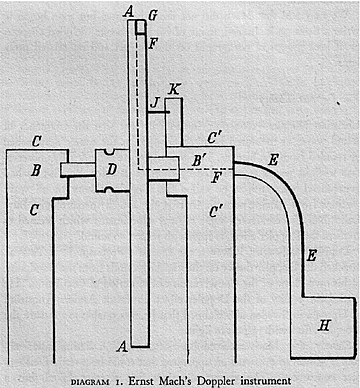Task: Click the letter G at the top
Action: pos(152,13)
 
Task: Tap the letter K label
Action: pos(175,90)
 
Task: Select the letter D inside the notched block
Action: pos(111,169)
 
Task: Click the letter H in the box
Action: pos(323,325)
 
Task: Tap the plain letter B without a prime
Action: pos(36,170)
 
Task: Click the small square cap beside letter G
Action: pos(140,26)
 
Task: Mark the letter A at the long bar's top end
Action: pos(127,10)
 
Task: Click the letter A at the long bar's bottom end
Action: pos(122,347)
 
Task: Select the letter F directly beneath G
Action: pos(152,43)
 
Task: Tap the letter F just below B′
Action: pos(218,178)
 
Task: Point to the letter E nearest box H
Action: pos(311,255)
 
